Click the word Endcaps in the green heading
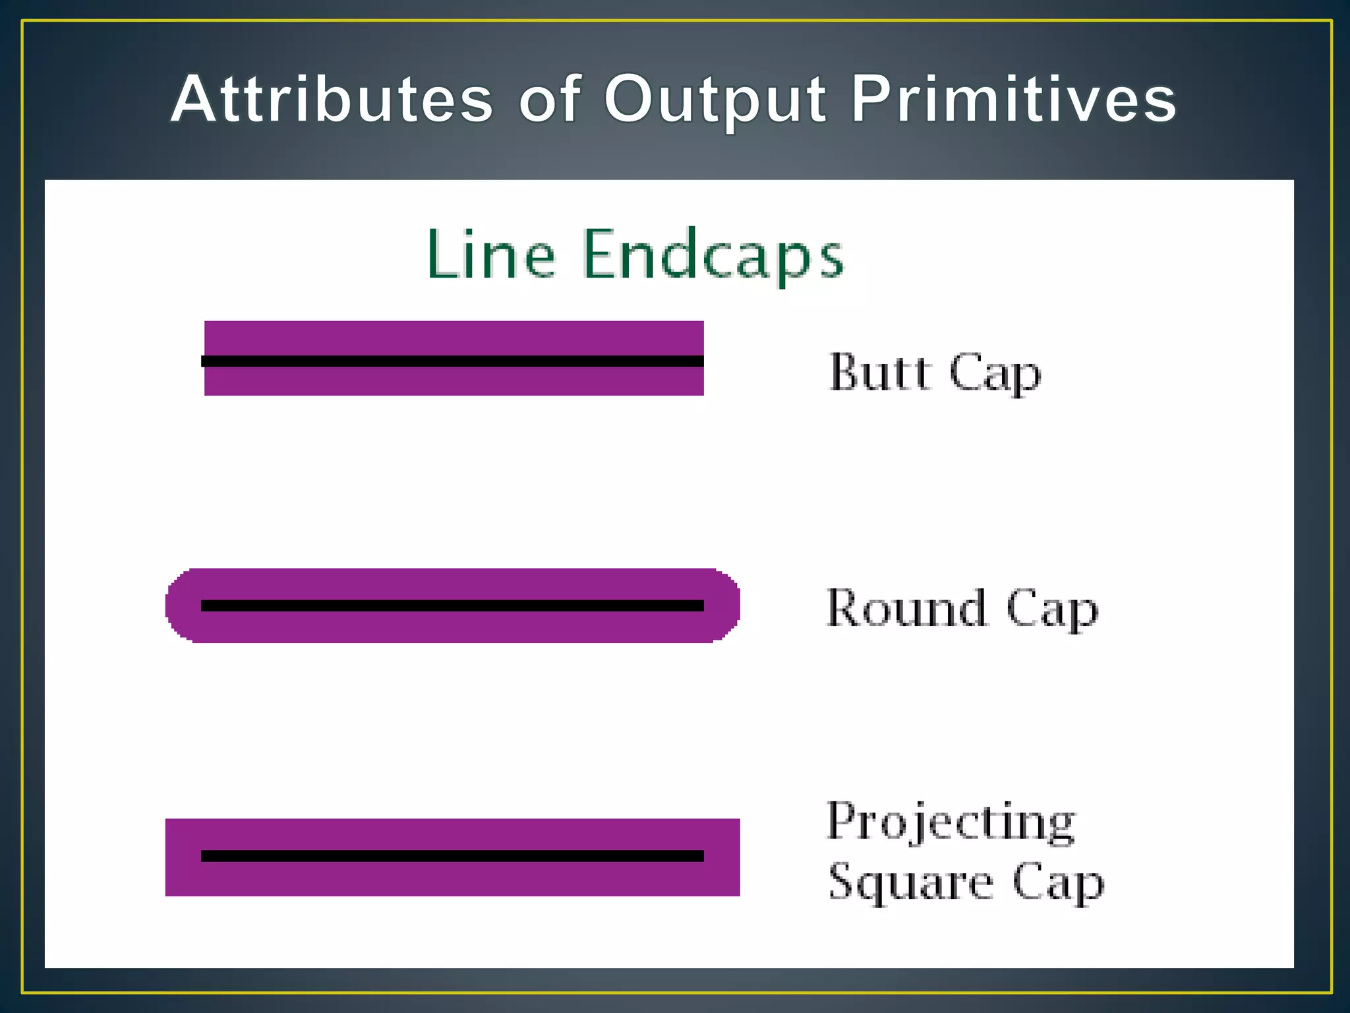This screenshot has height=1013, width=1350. click(x=713, y=256)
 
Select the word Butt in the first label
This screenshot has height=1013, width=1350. click(x=880, y=372)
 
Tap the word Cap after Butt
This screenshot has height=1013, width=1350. click(x=995, y=375)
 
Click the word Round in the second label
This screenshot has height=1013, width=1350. click(x=906, y=608)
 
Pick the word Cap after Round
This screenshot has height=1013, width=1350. click(x=1052, y=610)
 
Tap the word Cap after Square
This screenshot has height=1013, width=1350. click(x=1058, y=884)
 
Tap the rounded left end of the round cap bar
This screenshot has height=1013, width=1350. click(x=178, y=605)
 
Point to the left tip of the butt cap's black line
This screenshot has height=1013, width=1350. click(x=204, y=361)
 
